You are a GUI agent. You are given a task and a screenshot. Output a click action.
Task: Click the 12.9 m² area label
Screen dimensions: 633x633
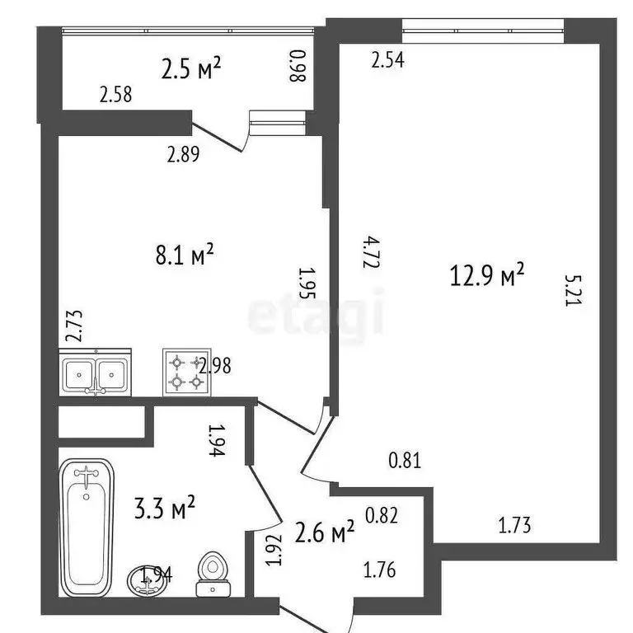pyautogui.click(x=488, y=275)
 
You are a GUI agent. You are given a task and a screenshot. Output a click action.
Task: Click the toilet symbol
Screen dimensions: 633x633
pyautogui.click(x=213, y=572)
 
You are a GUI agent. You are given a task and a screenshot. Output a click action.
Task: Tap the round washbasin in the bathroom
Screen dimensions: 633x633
pyautogui.click(x=148, y=579)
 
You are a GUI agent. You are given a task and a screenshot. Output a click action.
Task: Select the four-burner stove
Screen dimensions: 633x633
pyautogui.click(x=185, y=371)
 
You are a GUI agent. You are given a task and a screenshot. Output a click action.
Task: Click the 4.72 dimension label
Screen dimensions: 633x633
pyautogui.click(x=350, y=251)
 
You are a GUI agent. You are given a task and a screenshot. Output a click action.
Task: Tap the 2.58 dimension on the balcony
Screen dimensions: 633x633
pyautogui.click(x=115, y=95)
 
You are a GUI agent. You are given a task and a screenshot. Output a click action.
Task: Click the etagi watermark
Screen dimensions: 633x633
pyautogui.click(x=316, y=313)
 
